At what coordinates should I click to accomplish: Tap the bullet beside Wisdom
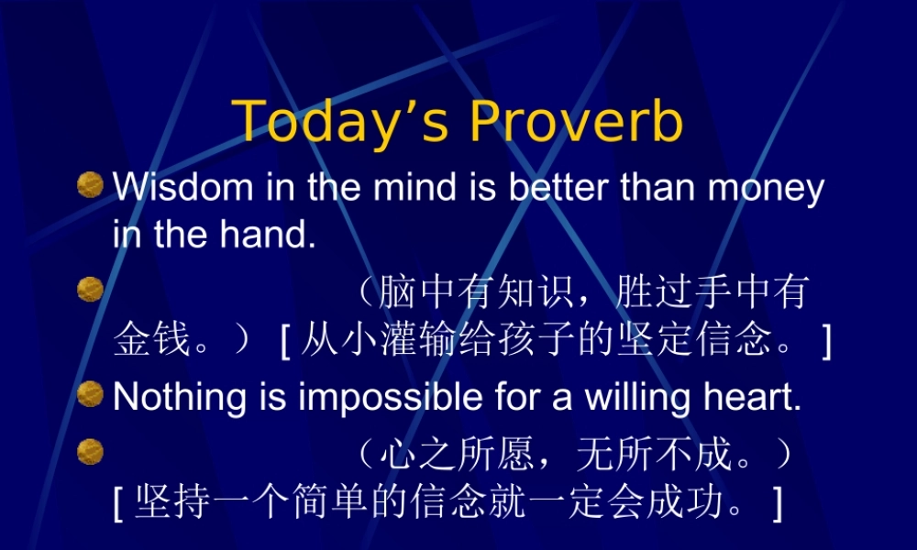click(x=90, y=186)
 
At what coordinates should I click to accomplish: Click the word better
click(x=559, y=188)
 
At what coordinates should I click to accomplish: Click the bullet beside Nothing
click(x=90, y=395)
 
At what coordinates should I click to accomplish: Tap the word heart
click(x=760, y=398)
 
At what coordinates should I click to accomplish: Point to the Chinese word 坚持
click(x=164, y=503)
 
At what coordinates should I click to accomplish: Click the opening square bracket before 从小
click(x=285, y=342)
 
